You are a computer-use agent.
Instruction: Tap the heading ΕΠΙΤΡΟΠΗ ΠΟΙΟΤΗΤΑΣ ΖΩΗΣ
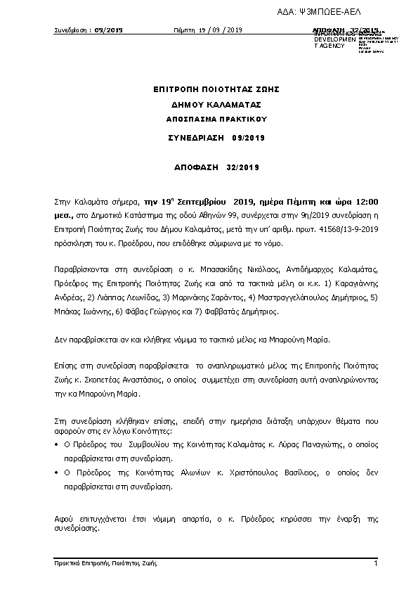pyautogui.click(x=216, y=89)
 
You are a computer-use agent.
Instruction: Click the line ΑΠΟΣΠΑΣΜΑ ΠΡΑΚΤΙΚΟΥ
pyautogui.click(x=216, y=120)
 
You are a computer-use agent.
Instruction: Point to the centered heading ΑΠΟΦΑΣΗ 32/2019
pyautogui.click(x=216, y=167)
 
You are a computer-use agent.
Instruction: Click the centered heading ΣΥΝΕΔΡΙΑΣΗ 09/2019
pyautogui.click(x=216, y=138)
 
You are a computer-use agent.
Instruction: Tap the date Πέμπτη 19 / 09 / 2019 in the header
pyautogui.click(x=208, y=30)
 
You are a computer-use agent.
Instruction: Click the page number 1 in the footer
pyautogui.click(x=376, y=564)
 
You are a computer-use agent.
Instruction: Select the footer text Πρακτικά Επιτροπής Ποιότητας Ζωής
pyautogui.click(x=105, y=564)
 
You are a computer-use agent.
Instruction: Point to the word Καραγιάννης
pyautogui.click(x=356, y=284)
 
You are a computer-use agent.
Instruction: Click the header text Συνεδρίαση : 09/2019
pyautogui.click(x=89, y=30)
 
